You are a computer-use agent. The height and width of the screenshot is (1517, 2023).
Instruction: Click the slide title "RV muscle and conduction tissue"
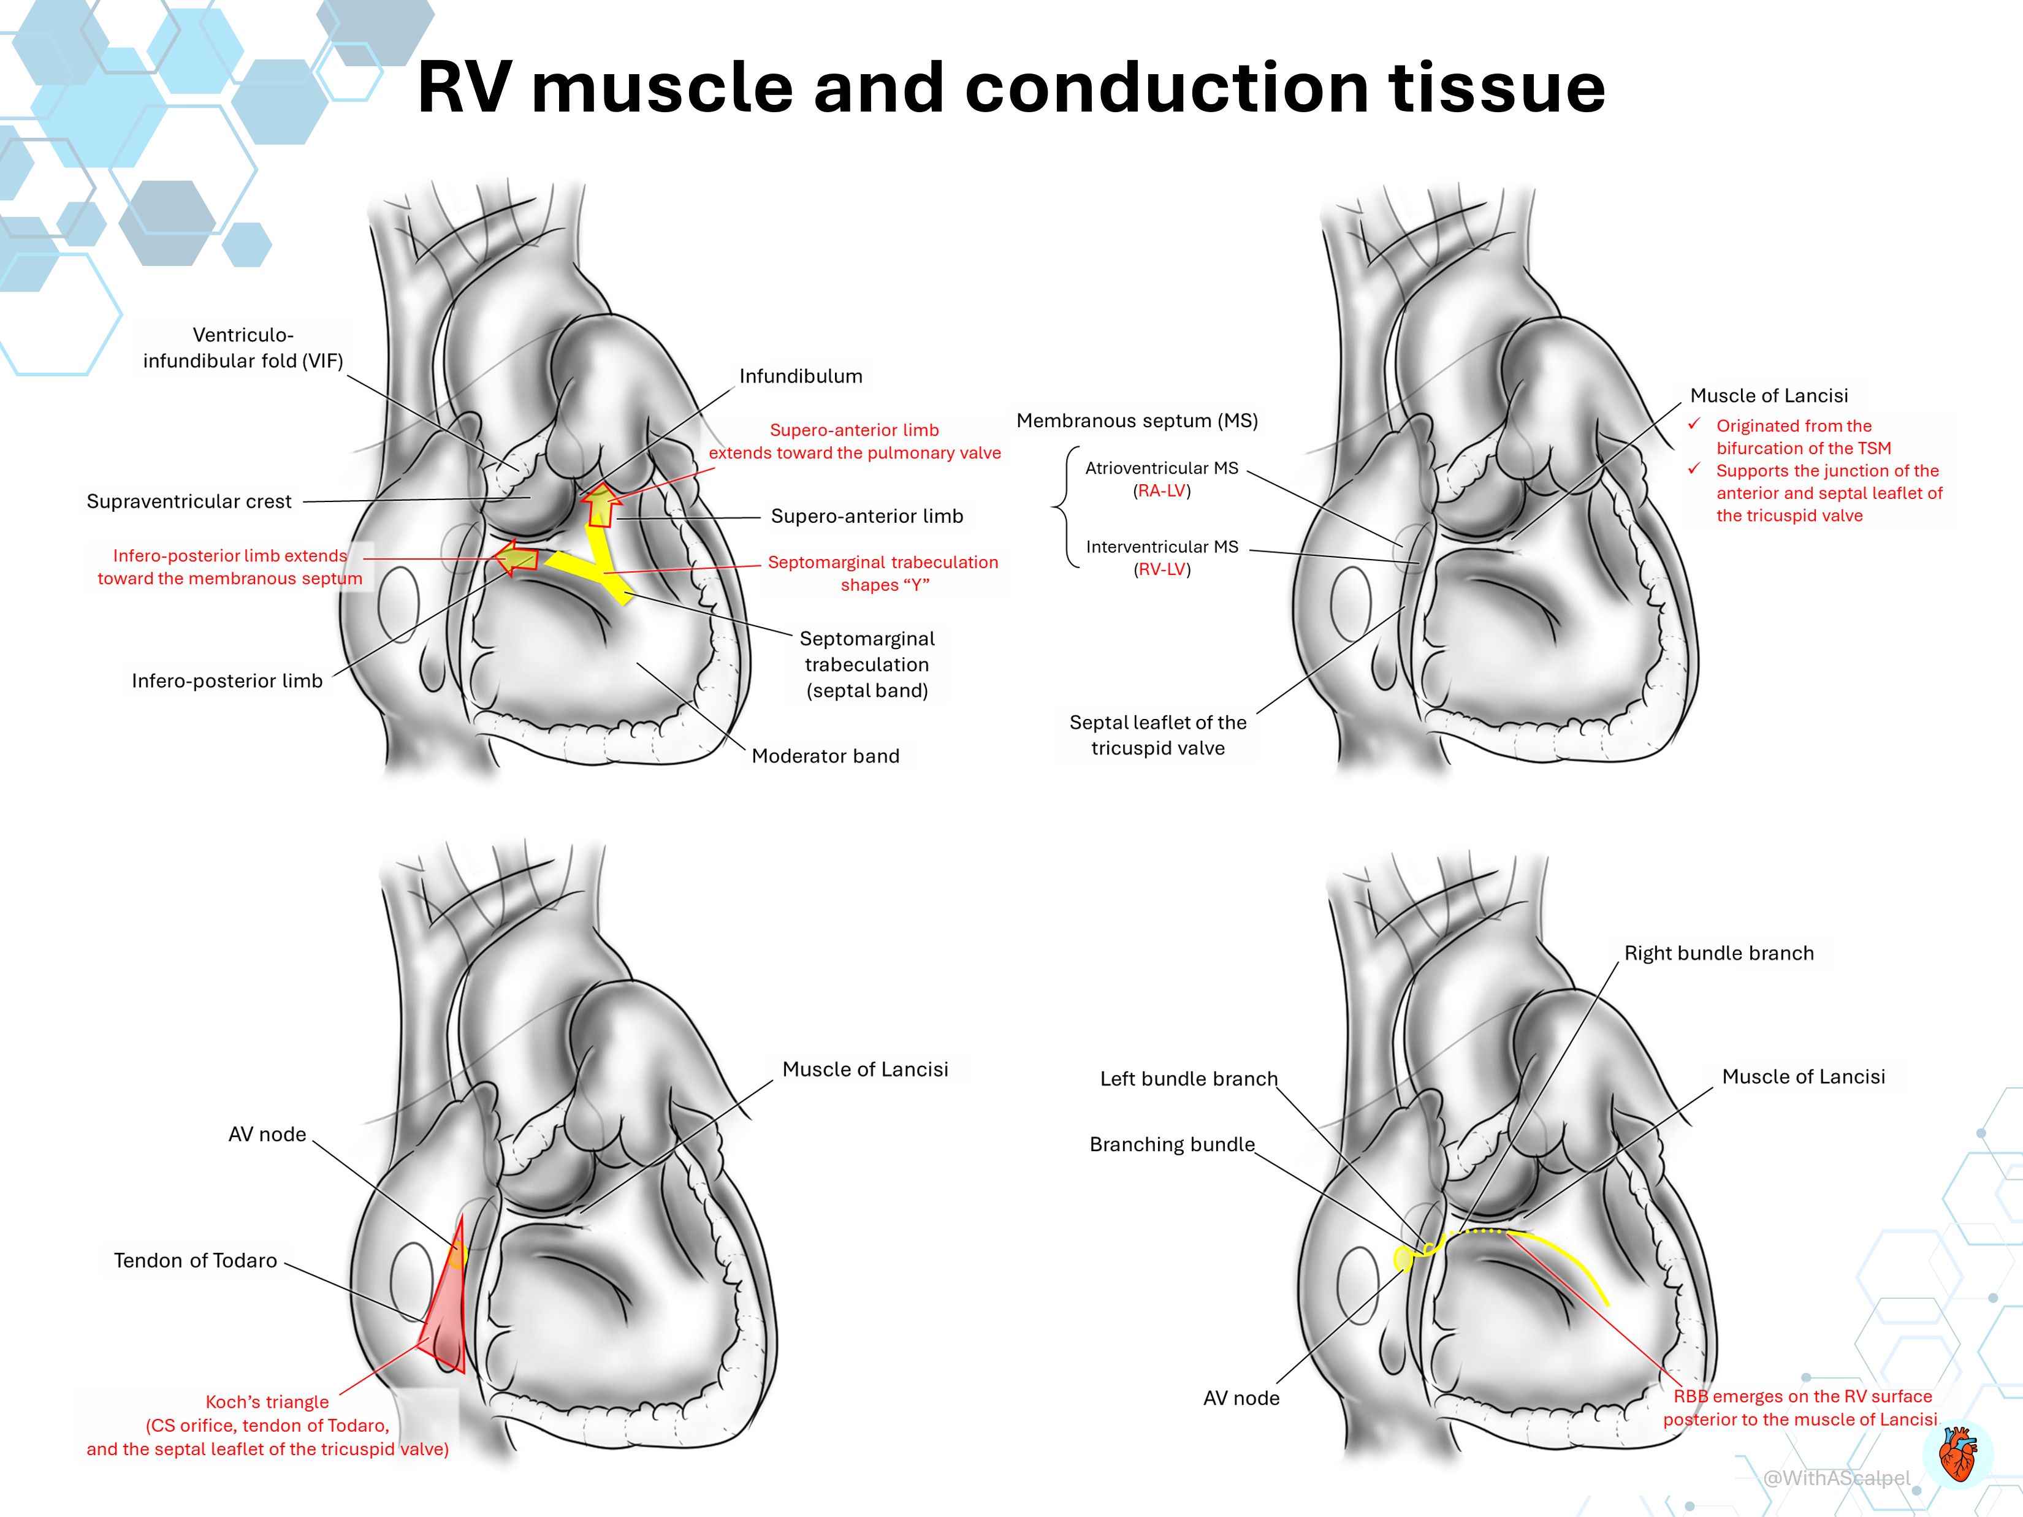click(1011, 88)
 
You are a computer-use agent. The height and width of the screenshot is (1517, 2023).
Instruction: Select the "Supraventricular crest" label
click(189, 501)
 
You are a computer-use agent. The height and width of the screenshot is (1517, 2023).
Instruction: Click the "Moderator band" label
click(825, 755)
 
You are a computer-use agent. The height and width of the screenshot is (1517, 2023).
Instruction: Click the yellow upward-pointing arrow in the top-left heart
click(601, 505)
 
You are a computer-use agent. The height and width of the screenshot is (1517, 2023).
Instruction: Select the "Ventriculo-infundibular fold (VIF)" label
click(243, 348)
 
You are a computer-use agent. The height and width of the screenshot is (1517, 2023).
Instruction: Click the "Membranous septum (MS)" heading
click(1137, 420)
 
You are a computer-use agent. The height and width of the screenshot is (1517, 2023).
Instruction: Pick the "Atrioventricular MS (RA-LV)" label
click(1162, 479)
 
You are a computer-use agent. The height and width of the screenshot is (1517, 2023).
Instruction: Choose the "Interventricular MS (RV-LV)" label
click(1162, 558)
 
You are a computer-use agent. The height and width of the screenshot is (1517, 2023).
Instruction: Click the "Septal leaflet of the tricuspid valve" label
click(1158, 735)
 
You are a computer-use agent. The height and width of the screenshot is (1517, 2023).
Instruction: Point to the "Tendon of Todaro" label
click(195, 1260)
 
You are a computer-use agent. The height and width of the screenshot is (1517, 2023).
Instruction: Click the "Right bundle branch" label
click(1718, 953)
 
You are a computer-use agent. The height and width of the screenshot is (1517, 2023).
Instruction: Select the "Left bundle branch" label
click(1188, 1079)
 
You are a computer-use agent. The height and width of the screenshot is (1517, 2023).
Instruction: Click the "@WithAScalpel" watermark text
click(1837, 1478)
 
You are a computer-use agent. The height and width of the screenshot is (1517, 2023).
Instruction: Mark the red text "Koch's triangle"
click(267, 1402)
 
